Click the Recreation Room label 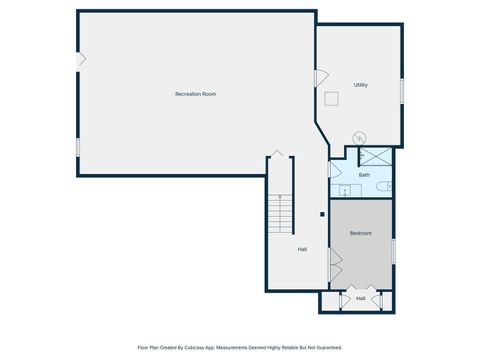point(195,94)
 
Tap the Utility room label point(361,85)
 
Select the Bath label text point(364,175)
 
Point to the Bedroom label point(361,233)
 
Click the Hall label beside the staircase point(302,249)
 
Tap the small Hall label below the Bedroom point(360,298)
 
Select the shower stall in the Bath point(375,156)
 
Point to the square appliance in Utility point(331,97)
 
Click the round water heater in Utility point(361,137)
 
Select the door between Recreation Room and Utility point(320,77)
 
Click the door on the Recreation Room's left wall point(80,60)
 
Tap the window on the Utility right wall point(402,90)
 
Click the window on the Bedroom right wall point(393,250)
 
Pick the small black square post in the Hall point(321,213)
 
